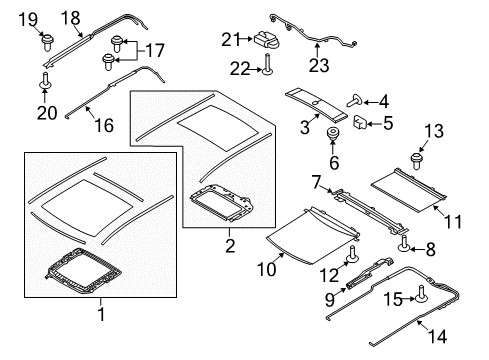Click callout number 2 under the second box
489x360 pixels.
[x=229, y=245]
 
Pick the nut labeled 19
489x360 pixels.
[x=46, y=42]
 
